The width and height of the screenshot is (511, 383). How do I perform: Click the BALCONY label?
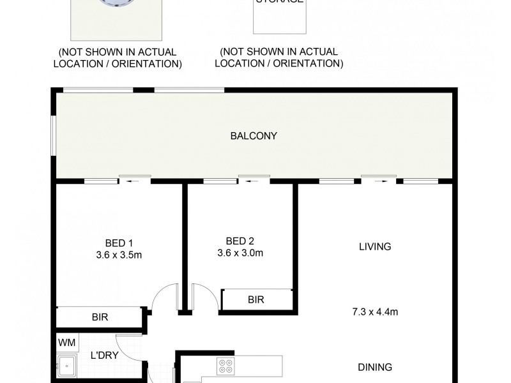254,135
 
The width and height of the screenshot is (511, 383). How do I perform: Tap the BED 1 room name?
119,243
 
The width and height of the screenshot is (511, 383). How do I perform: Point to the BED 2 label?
240,241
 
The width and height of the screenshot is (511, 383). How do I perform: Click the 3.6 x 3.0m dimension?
240,252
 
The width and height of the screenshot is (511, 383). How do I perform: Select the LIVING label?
375,246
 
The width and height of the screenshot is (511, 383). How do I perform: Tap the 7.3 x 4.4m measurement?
375,312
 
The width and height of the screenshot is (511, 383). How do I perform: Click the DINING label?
375,367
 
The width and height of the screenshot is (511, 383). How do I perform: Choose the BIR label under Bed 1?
100,316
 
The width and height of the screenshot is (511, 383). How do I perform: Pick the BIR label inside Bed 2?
256,299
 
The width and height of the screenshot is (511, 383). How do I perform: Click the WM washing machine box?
67,343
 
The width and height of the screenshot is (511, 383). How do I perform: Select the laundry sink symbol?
66,367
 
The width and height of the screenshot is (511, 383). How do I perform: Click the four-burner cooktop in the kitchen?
226,366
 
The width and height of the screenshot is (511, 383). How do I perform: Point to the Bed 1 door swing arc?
164,297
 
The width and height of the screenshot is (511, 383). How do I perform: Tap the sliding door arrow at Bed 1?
132,181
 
